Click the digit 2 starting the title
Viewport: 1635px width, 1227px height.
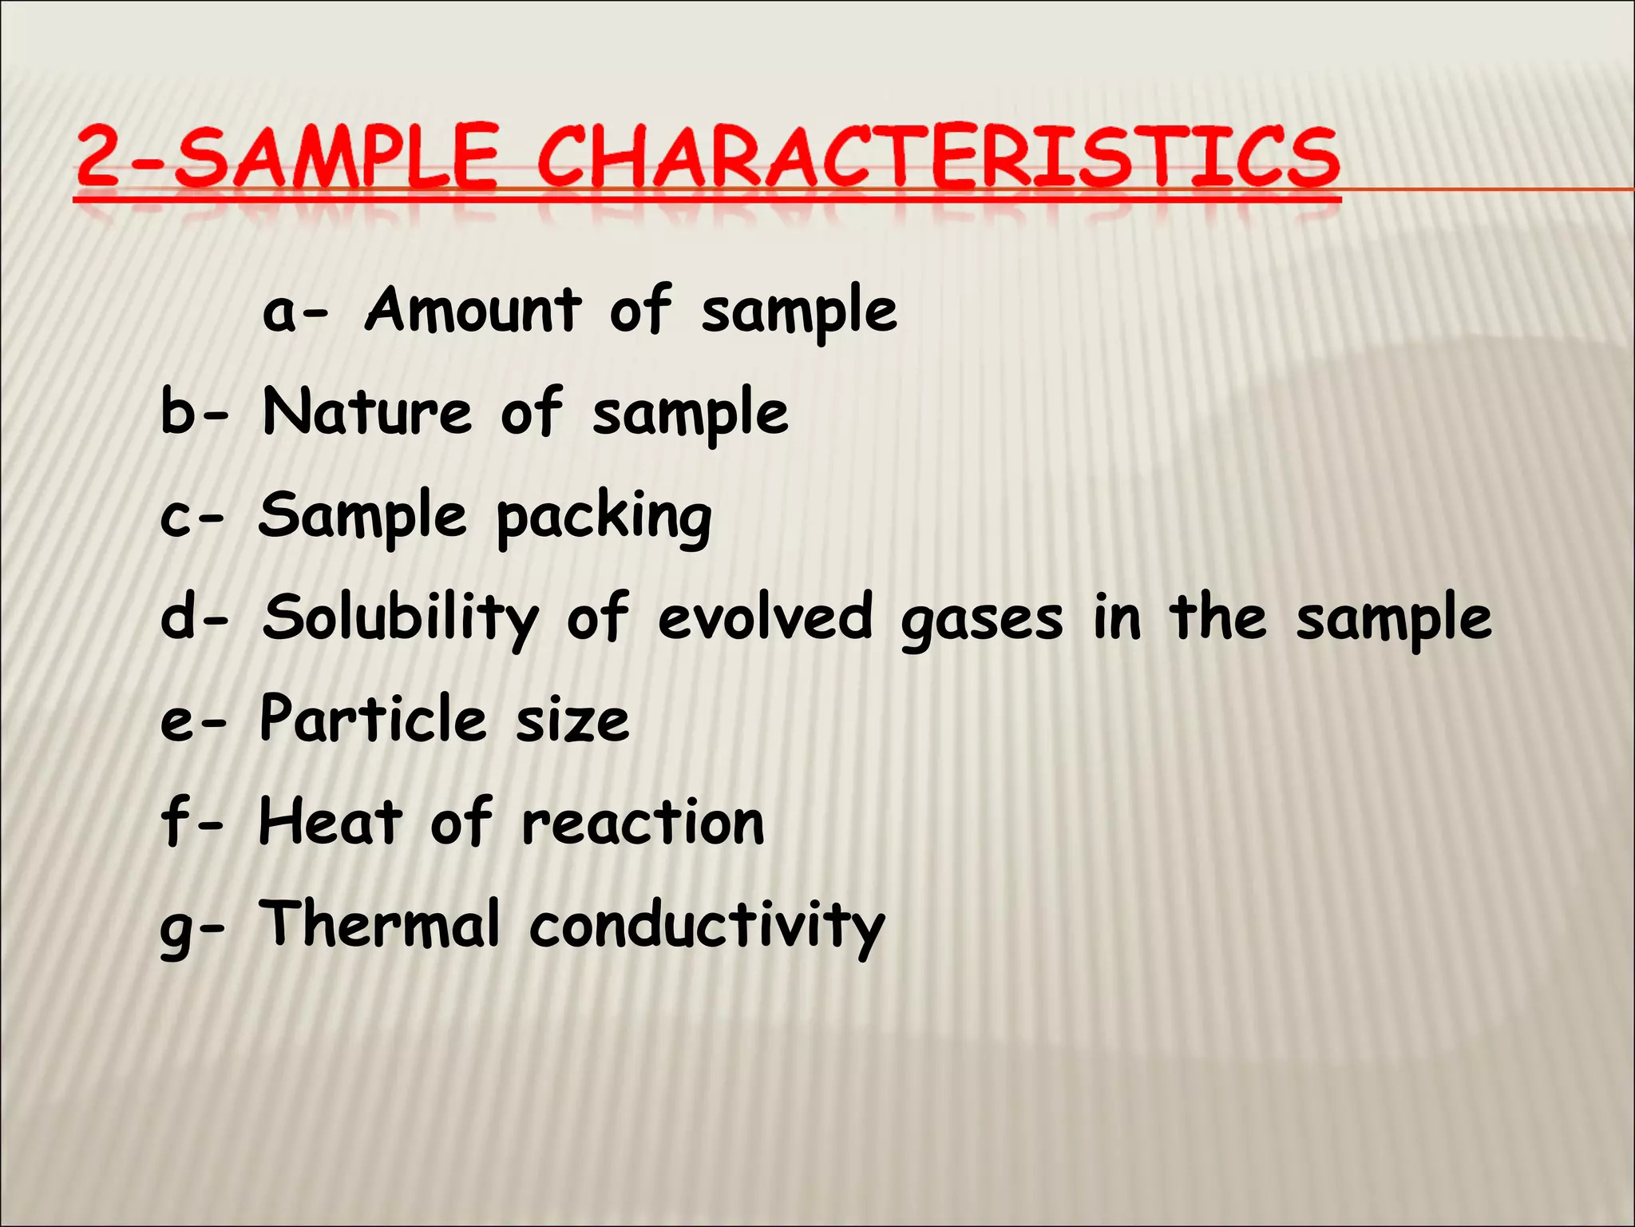[x=100, y=157]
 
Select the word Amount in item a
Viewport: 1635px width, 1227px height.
[x=473, y=311]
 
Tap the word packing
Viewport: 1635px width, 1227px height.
[x=604, y=518]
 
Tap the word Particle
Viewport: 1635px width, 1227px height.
[x=373, y=719]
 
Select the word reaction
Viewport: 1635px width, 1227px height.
[x=643, y=824]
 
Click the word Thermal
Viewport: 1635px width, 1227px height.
[x=380, y=924]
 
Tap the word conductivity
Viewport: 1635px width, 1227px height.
[x=707, y=927]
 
